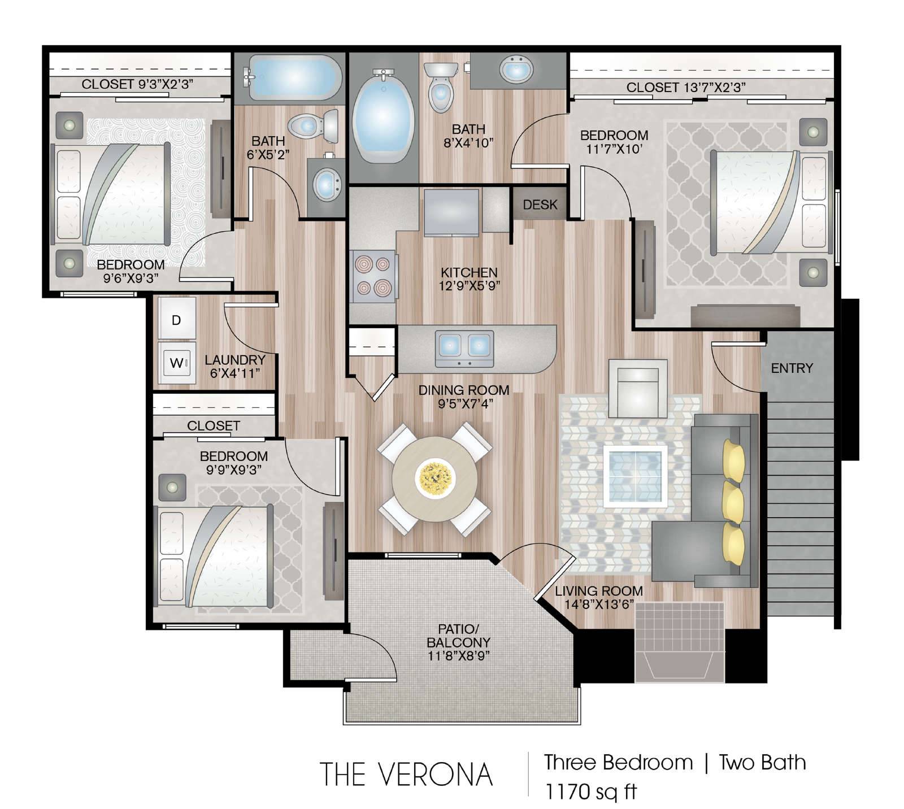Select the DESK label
click(540, 205)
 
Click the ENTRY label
click(792, 368)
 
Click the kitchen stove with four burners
click(373, 276)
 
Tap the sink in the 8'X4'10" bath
click(516, 69)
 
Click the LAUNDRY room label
click(235, 360)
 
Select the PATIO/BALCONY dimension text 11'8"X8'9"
click(458, 656)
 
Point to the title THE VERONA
click(406, 774)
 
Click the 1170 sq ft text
click(590, 791)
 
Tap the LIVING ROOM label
click(598, 591)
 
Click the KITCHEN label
click(469, 272)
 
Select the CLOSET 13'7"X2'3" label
click(686, 87)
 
